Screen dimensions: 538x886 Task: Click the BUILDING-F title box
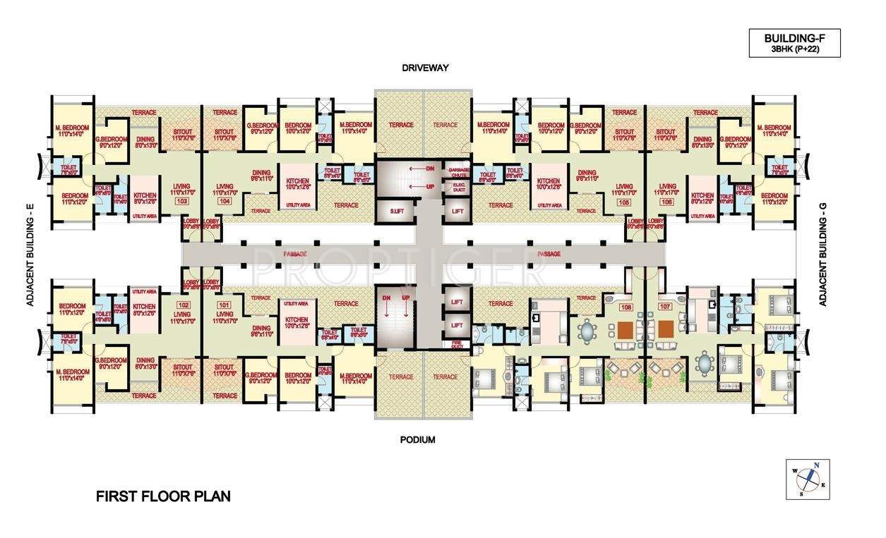click(794, 44)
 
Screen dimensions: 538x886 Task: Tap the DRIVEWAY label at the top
click(426, 68)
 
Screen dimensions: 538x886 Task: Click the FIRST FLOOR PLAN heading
click(163, 496)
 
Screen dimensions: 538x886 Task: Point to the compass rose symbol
click(808, 479)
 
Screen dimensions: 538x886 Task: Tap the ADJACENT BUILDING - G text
click(822, 254)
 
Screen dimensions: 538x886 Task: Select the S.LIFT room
click(387, 212)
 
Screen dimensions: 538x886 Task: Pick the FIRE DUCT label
click(456, 345)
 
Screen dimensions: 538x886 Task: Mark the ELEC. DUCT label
click(455, 187)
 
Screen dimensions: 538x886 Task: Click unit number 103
click(182, 201)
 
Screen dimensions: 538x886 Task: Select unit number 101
click(225, 305)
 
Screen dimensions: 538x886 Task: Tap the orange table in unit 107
click(664, 329)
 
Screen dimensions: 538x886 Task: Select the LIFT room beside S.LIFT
click(456, 212)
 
